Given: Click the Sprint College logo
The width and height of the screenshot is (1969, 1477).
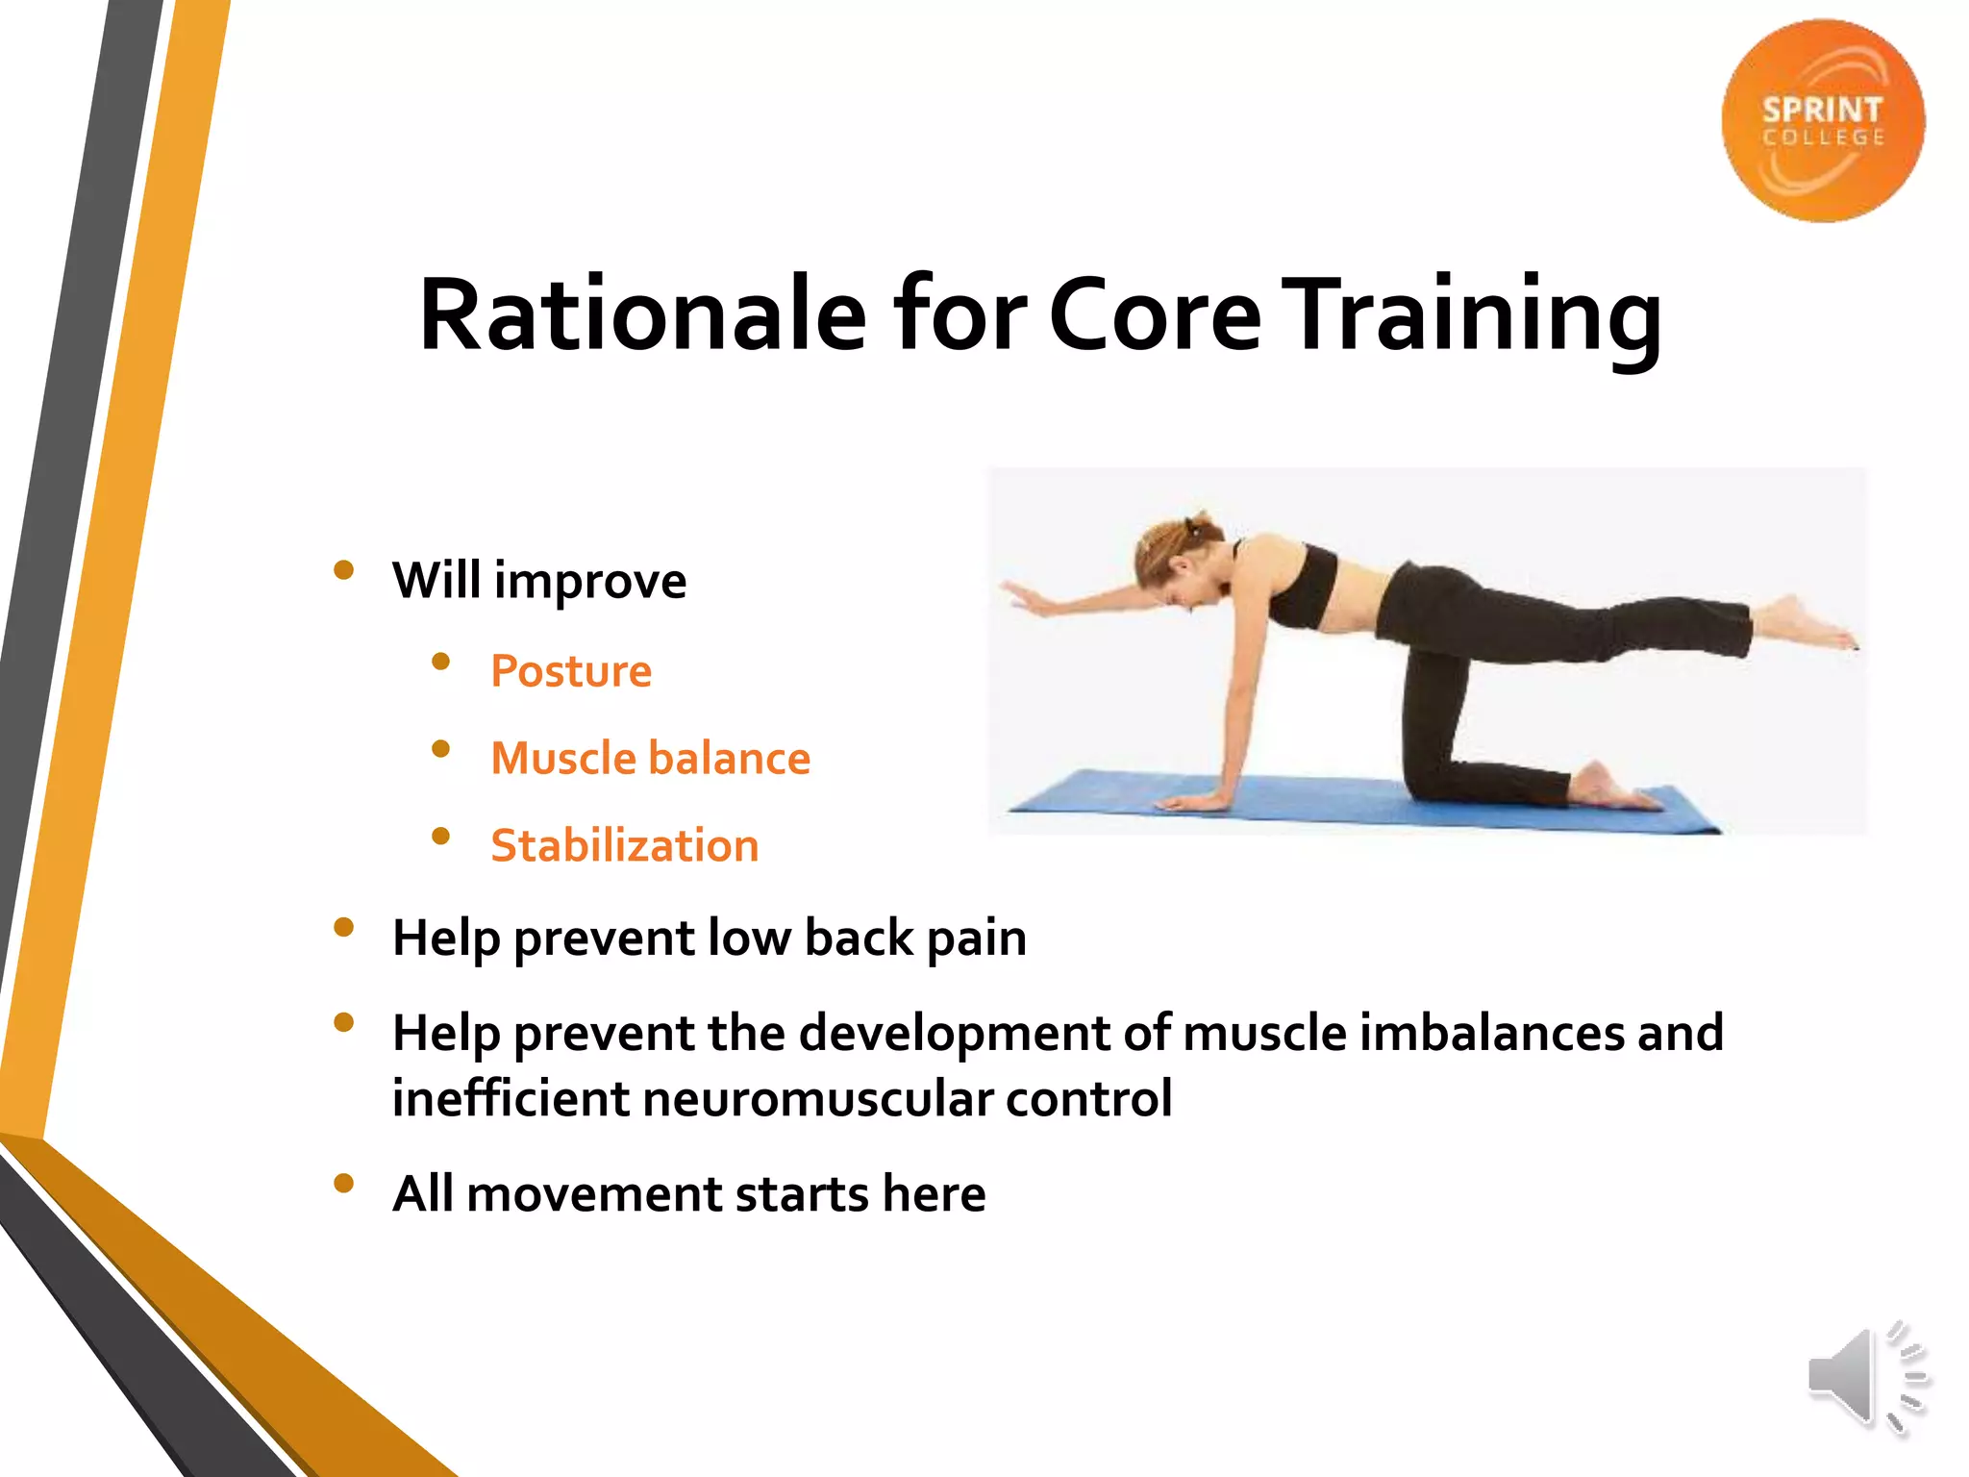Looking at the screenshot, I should pyautogui.click(x=1823, y=121).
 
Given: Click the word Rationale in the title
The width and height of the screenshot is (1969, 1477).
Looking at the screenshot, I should pyautogui.click(x=642, y=315).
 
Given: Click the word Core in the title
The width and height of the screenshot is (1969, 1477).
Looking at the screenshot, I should pyautogui.click(x=1154, y=315).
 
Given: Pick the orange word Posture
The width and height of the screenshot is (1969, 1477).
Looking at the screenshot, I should pyautogui.click(x=571, y=671).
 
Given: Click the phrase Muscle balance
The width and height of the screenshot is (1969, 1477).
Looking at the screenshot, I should pyautogui.click(x=651, y=759).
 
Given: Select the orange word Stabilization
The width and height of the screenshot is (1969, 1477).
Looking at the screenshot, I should pyautogui.click(x=625, y=846).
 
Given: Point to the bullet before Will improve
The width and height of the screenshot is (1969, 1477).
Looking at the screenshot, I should pyautogui.click(x=344, y=571).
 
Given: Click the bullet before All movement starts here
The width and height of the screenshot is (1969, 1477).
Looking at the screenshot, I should pyautogui.click(x=344, y=1184).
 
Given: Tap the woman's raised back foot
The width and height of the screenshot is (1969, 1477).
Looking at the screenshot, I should pyautogui.click(x=1807, y=626).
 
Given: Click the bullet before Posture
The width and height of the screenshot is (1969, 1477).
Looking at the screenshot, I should pyautogui.click(x=441, y=662).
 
